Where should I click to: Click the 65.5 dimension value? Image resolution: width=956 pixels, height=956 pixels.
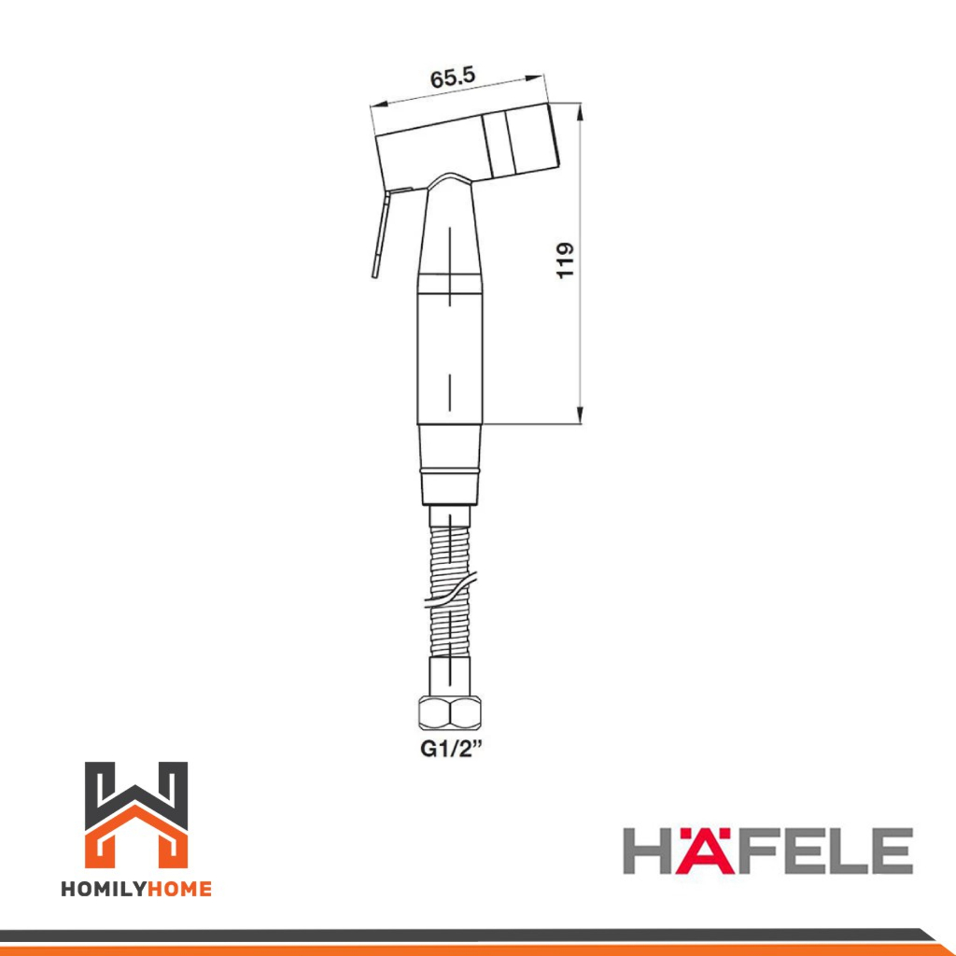coord(453,77)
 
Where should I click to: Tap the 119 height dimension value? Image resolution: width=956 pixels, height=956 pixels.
coord(565,260)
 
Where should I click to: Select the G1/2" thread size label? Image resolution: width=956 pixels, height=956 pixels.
coord(451,748)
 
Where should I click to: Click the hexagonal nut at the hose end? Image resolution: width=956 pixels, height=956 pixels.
coord(450,713)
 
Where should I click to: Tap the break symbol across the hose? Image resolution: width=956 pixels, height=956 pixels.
coord(451,590)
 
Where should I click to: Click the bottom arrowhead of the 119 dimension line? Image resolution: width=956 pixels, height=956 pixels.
coord(580,415)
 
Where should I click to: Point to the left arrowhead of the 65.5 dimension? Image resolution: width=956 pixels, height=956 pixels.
coord(379,103)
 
